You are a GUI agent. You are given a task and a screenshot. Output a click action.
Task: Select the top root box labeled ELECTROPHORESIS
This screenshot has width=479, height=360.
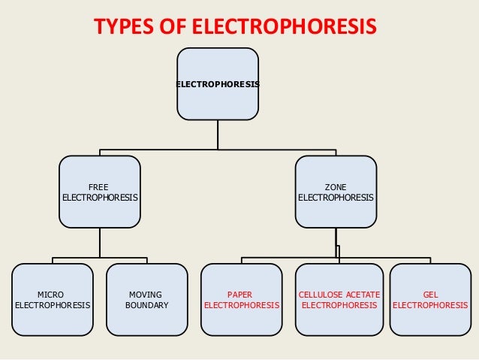tap(218, 83)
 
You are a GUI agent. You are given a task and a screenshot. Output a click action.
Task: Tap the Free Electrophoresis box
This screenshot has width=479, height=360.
tap(100, 192)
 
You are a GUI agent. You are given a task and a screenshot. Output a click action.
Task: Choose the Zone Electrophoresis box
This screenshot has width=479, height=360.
tap(336, 192)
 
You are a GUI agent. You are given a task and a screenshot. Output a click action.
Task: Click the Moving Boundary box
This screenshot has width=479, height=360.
tap(147, 299)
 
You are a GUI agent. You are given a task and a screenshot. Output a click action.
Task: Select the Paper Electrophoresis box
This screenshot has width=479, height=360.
tap(242, 299)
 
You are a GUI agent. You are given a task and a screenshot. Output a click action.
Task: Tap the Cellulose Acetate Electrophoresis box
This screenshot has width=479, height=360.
tap(339, 299)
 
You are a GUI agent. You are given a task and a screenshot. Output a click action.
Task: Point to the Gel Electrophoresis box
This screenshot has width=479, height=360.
tap(431, 299)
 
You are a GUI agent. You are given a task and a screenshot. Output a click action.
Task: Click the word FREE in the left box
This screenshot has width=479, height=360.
tap(98, 186)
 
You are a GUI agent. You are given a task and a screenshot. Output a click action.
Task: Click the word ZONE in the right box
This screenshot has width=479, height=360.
tap(336, 186)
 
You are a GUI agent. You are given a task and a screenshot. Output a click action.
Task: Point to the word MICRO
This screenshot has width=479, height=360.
tap(51, 295)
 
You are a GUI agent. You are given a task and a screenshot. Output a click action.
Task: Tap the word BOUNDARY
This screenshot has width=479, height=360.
tap(146, 306)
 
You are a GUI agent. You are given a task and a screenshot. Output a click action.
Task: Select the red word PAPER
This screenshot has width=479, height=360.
tap(242, 295)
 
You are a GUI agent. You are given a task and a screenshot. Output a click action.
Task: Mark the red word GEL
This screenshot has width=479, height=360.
tap(431, 295)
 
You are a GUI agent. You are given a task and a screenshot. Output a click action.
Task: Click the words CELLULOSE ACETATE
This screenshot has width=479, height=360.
tap(339, 295)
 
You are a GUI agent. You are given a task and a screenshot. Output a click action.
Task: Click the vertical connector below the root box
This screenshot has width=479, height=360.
tap(218, 134)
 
